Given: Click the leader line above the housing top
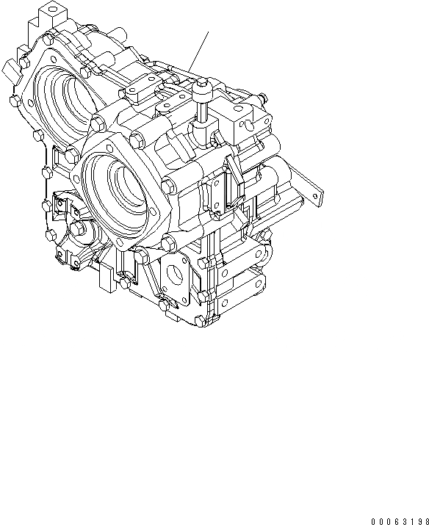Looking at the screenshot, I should pos(201,48).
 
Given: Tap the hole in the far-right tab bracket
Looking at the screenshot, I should pos(317,195).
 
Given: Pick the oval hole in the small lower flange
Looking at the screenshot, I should pos(176,277).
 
